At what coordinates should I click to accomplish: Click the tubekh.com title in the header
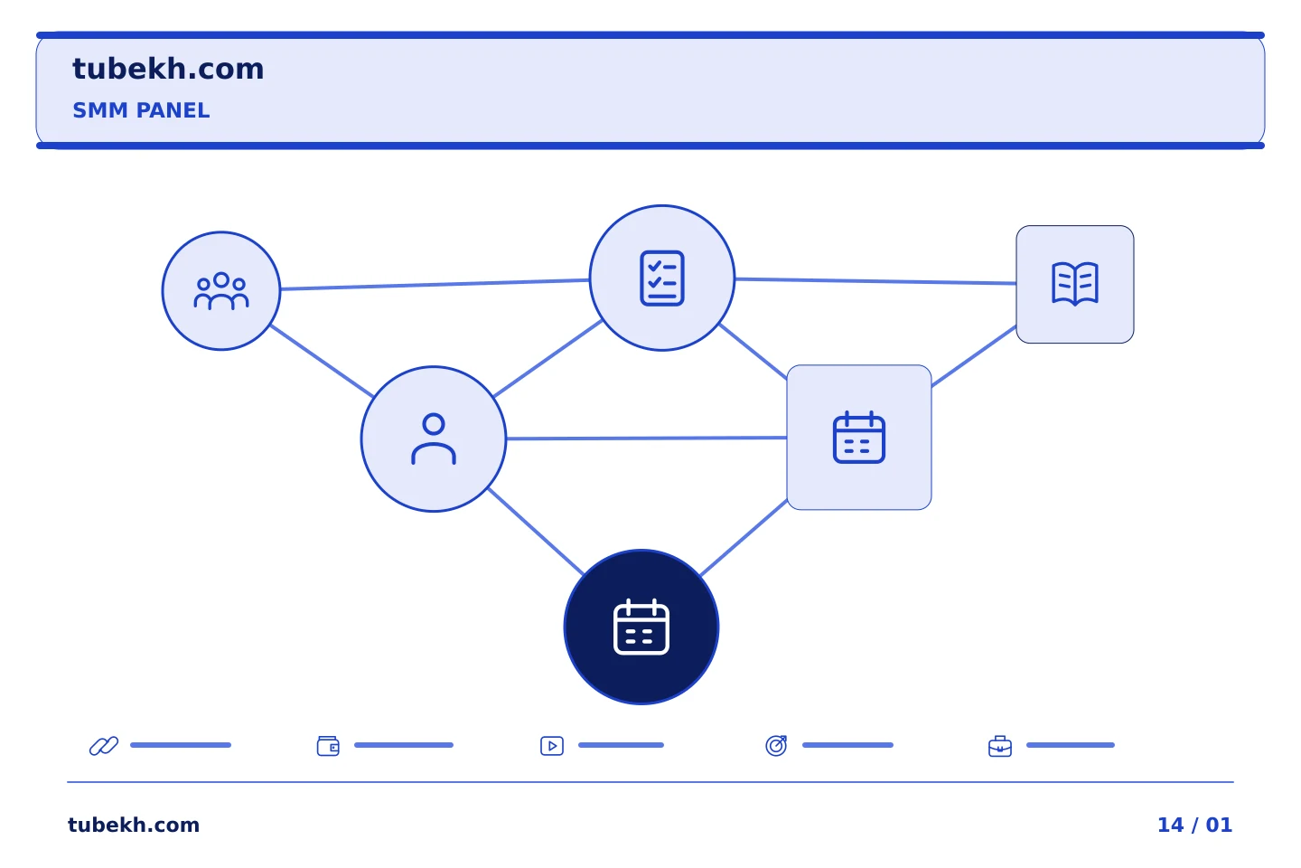tap(168, 69)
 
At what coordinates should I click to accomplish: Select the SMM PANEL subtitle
tap(141, 110)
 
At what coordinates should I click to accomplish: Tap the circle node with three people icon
tap(221, 291)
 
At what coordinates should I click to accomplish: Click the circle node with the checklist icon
tap(662, 278)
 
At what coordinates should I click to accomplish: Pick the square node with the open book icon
tap(1075, 284)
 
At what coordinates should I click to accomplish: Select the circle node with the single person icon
tap(434, 439)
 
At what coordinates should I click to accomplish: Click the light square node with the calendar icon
tap(859, 438)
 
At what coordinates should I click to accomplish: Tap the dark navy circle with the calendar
tap(641, 627)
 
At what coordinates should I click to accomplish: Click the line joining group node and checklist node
tap(435, 284)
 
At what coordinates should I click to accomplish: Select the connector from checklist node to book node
tap(875, 281)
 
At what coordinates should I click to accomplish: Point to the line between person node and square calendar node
tap(647, 438)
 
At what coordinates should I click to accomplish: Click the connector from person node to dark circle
tap(536, 532)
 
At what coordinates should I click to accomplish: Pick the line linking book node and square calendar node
tap(974, 356)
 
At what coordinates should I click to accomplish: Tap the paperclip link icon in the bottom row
tap(104, 745)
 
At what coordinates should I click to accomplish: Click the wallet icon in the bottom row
tap(328, 746)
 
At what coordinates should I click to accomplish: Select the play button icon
tap(552, 746)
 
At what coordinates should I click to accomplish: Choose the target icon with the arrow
tap(776, 745)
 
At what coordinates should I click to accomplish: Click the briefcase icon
tap(1000, 747)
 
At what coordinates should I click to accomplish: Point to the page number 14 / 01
tap(1194, 825)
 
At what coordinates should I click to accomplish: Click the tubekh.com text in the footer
tap(134, 825)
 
